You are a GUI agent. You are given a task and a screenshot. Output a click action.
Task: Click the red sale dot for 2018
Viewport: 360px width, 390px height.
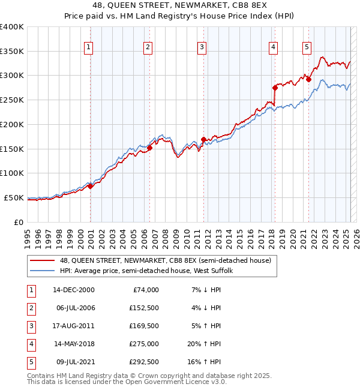pos(275,87)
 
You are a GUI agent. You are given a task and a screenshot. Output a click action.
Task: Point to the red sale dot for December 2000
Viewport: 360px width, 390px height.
pos(90,186)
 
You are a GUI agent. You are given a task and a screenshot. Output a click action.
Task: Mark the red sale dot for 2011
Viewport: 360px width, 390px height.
pos(204,139)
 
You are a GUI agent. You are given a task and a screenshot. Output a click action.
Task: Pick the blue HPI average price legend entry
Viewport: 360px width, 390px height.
pos(149,271)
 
